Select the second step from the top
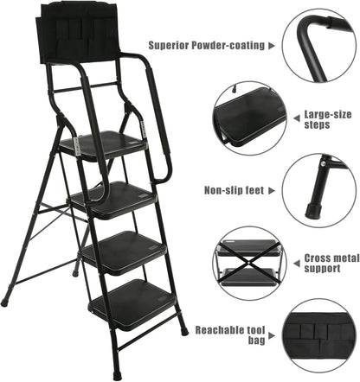click(x=112, y=200)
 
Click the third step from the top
click(x=124, y=251)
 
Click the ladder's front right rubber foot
click(x=183, y=330)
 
